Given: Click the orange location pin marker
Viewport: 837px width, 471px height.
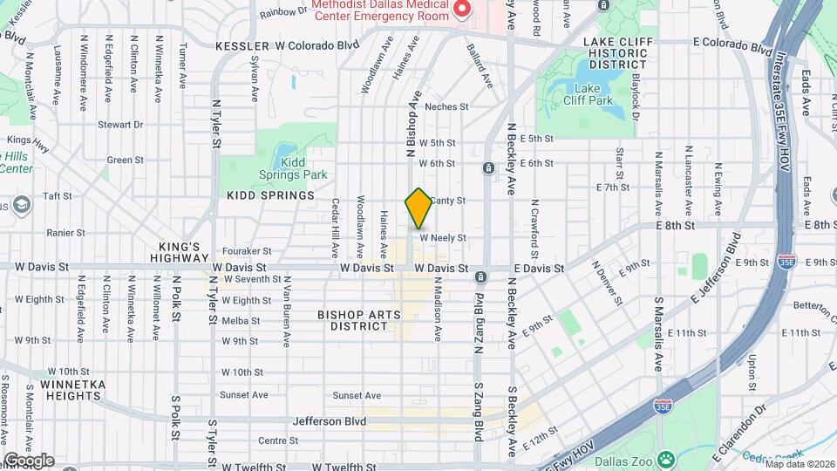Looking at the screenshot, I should [x=418, y=208].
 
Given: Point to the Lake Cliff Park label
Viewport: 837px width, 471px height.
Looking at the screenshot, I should [x=593, y=93].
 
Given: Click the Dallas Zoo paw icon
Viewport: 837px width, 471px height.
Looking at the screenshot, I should [x=665, y=457].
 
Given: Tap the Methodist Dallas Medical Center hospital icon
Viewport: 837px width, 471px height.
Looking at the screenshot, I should [x=462, y=10].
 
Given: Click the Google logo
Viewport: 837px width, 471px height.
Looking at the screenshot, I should [x=29, y=461].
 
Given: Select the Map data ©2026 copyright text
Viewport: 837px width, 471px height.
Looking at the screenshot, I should [x=800, y=463].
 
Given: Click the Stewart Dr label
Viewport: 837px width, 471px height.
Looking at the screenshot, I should [x=120, y=125].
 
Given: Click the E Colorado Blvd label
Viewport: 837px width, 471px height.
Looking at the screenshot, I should [x=722, y=42].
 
